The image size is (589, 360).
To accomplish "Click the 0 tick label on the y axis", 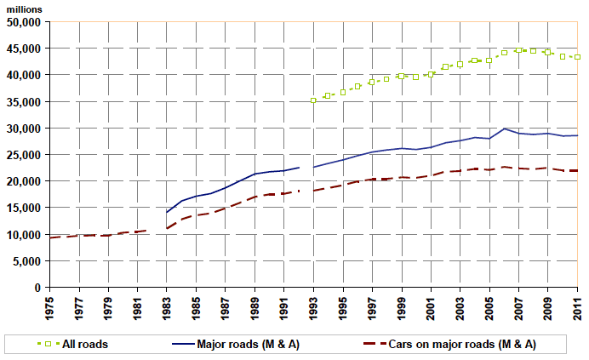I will (39, 288).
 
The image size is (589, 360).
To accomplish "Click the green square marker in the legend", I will (49, 344).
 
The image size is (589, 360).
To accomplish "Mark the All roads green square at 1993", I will (314, 100).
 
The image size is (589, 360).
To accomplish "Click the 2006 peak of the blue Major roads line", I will (505, 129).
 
